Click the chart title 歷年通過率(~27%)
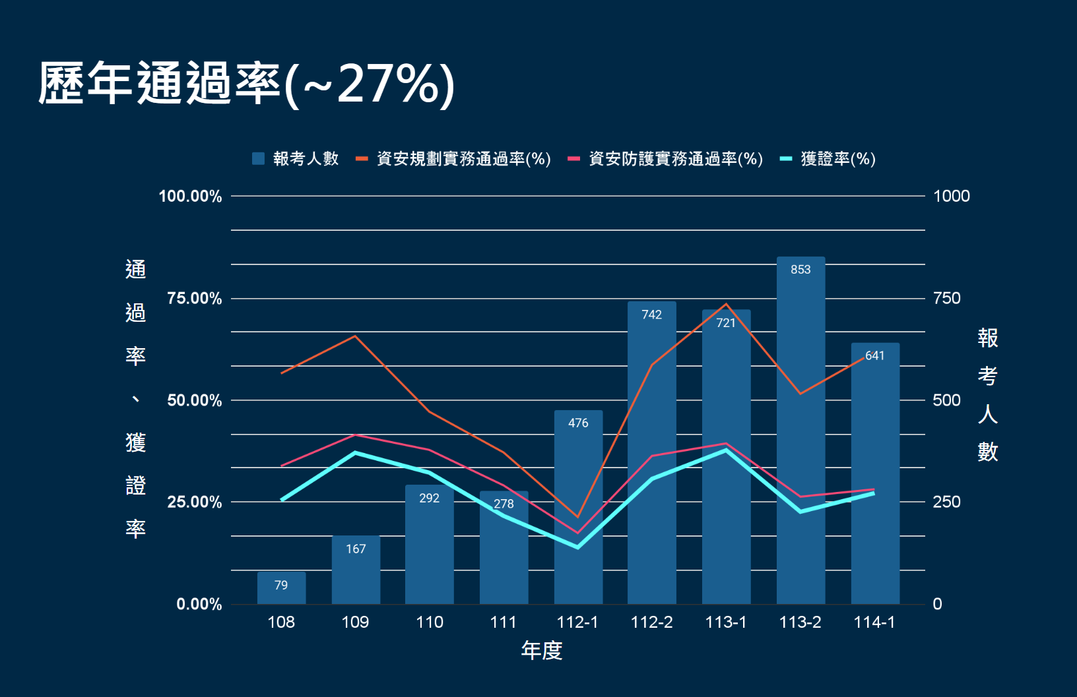pos(245,84)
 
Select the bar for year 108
pos(281,588)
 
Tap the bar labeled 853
pos(800,429)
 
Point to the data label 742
pos(651,315)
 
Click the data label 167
pos(356,549)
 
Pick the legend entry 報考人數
pos(296,159)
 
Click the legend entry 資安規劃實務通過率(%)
pos(453,159)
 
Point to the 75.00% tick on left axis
pos(194,298)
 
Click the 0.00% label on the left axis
pos(199,604)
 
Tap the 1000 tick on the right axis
pos(951,196)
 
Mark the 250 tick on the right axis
pos(946,502)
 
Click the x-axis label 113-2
pos(800,622)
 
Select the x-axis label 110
pos(430,622)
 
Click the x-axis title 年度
pos(541,651)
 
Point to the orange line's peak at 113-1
pos(726,304)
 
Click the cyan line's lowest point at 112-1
pos(578,547)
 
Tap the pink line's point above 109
pos(355,435)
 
